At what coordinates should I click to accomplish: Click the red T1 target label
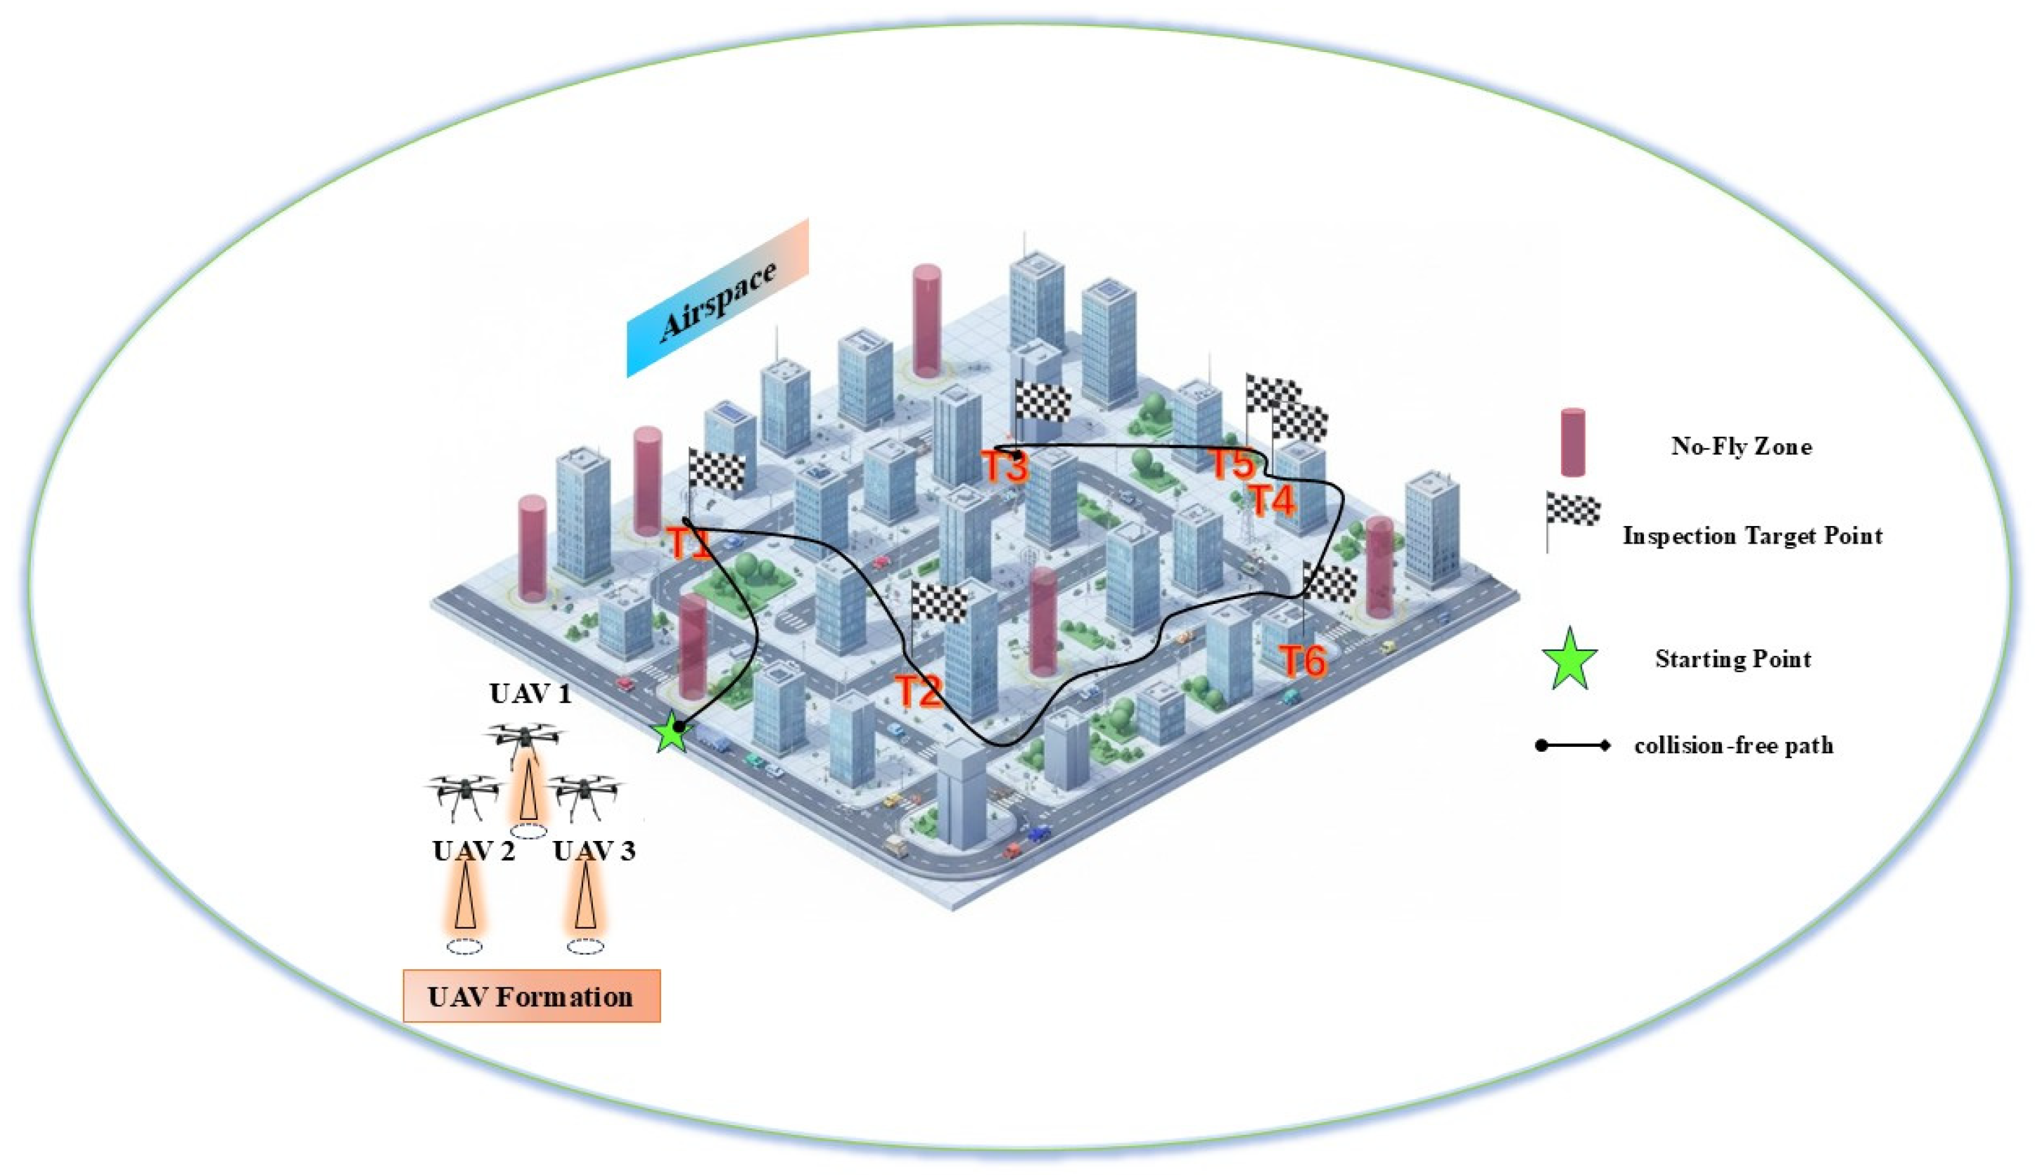pos(690,543)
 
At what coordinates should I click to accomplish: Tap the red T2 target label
pos(919,691)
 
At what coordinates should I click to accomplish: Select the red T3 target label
pos(1004,466)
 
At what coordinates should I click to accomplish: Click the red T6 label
pos(1303,661)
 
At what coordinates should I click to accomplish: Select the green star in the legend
pos(1569,660)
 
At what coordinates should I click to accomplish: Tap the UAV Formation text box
pos(531,996)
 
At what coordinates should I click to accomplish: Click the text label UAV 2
pos(473,851)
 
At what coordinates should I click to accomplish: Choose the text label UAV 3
pos(594,851)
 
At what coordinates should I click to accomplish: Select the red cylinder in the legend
pos(1571,442)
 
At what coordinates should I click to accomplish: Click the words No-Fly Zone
pos(1740,447)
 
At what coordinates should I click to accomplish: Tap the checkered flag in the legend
pos(1571,511)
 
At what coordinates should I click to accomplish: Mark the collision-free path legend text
pos(1733,745)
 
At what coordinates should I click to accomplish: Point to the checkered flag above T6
pos(1329,583)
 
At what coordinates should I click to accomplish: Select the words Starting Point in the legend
pos(1733,660)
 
